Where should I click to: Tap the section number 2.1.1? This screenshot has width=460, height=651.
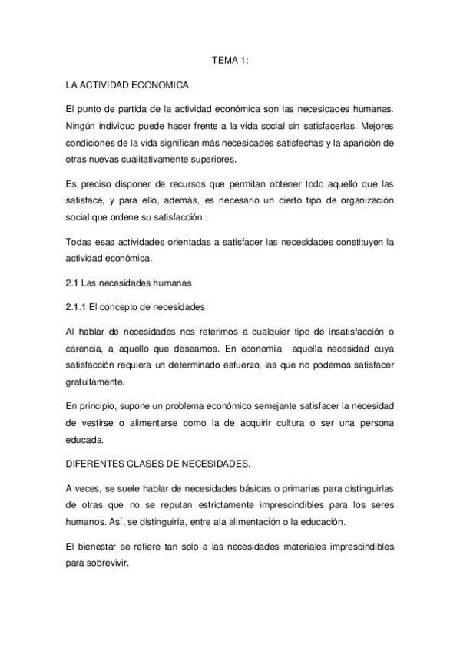pyautogui.click(x=76, y=308)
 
